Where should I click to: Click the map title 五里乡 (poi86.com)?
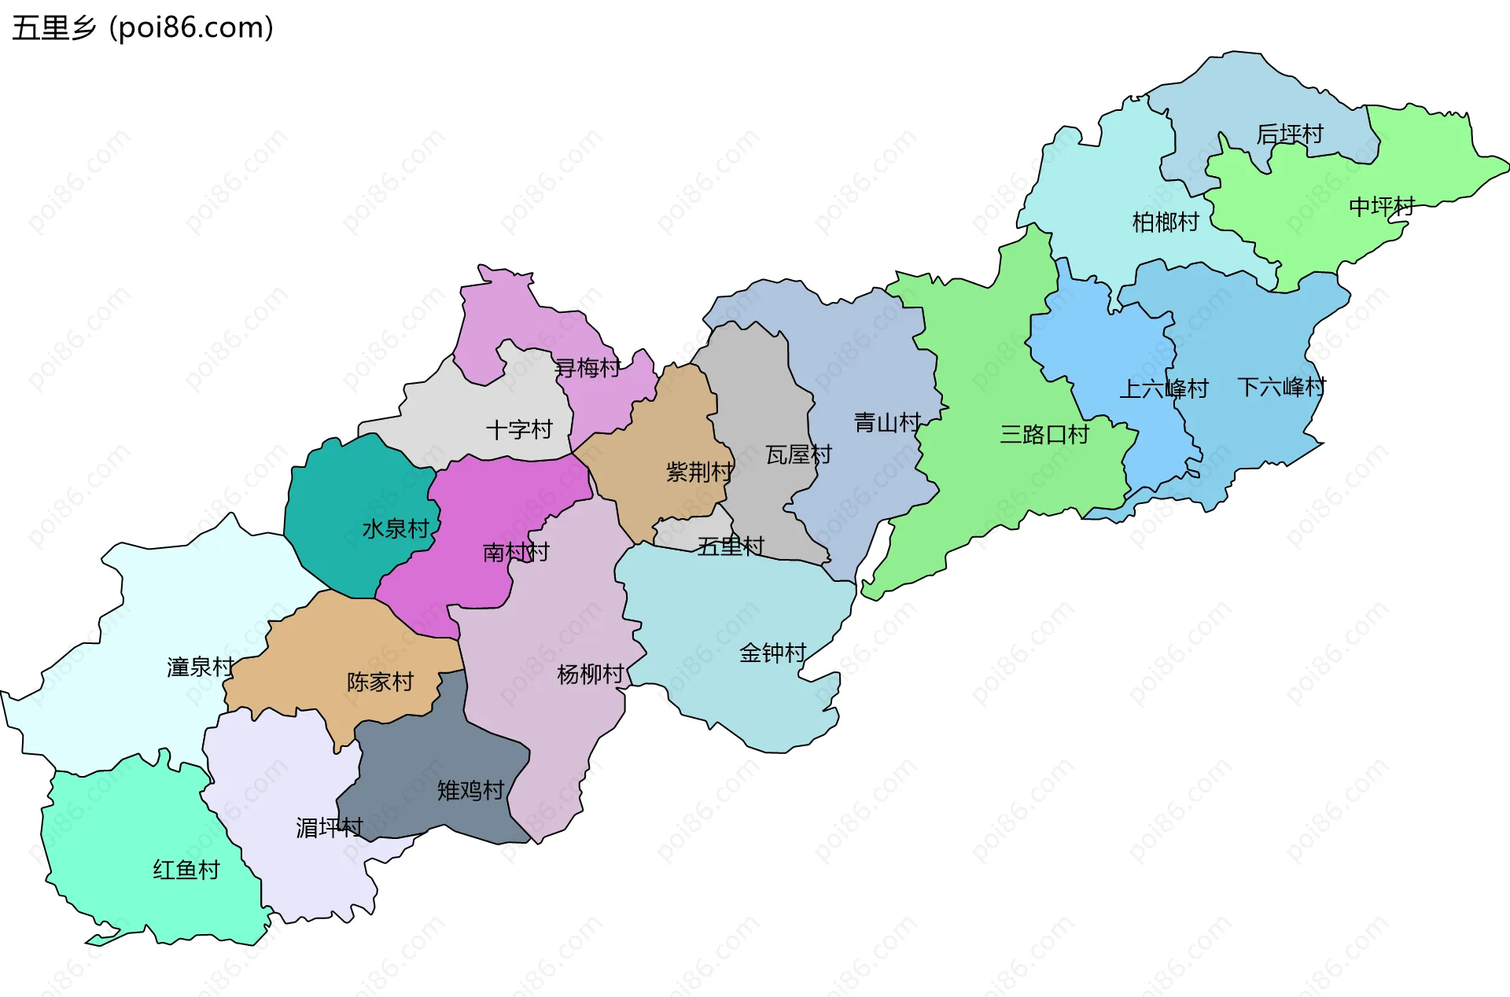pyautogui.click(x=142, y=28)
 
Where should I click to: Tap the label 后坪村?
pyautogui.click(x=1289, y=134)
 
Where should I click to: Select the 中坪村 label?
pyautogui.click(x=1381, y=207)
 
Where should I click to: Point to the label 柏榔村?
pyautogui.click(x=1165, y=223)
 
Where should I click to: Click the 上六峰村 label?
pyautogui.click(x=1163, y=388)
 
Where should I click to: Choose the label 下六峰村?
pyautogui.click(x=1281, y=387)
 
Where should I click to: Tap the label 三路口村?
pyautogui.click(x=1044, y=434)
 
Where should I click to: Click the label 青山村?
pyautogui.click(x=886, y=423)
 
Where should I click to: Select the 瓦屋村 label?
pyautogui.click(x=798, y=454)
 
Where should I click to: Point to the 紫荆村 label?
pyautogui.click(x=698, y=472)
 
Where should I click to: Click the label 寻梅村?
pyautogui.click(x=587, y=367)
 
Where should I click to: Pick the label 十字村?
pyautogui.click(x=519, y=429)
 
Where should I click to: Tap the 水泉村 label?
pyautogui.click(x=395, y=528)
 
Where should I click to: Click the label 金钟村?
pyautogui.click(x=772, y=653)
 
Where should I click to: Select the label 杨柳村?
pyautogui.click(x=590, y=674)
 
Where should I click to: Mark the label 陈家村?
pyautogui.click(x=380, y=682)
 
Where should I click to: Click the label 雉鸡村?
pyautogui.click(x=470, y=790)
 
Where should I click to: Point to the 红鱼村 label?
pyautogui.click(x=186, y=870)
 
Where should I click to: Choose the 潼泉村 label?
pyautogui.click(x=200, y=667)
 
